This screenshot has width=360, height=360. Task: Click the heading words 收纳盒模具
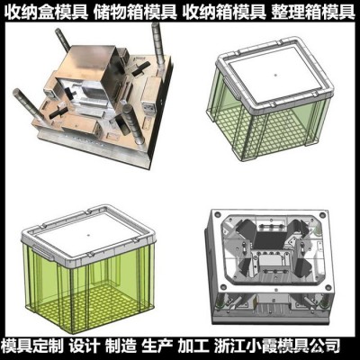pos(48,13)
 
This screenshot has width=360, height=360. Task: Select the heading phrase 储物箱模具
pos(135,13)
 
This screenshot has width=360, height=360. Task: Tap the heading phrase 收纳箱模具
pos(224,13)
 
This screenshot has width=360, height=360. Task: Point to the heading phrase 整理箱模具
pos(313,13)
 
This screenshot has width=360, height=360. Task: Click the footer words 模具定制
pos(32,346)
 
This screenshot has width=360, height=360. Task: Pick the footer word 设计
pos(85,346)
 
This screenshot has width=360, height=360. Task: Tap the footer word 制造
pos(121,346)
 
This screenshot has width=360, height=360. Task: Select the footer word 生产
pos(157,346)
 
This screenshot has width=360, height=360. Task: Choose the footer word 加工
pos(193,346)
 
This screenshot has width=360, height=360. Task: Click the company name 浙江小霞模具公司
pos(277,346)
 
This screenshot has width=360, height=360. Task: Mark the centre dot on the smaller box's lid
pos(275,74)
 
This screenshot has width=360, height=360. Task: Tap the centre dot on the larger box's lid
pos(89,233)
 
